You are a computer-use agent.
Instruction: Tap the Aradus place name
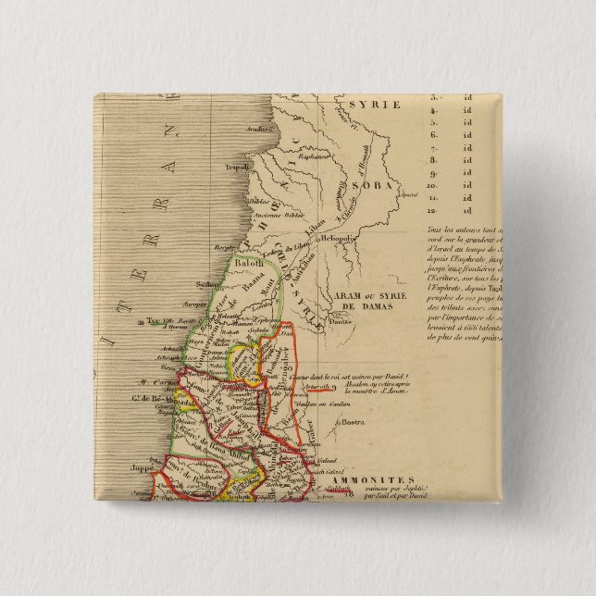click(x=244, y=129)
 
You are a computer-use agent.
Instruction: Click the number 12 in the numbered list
click(x=431, y=211)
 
